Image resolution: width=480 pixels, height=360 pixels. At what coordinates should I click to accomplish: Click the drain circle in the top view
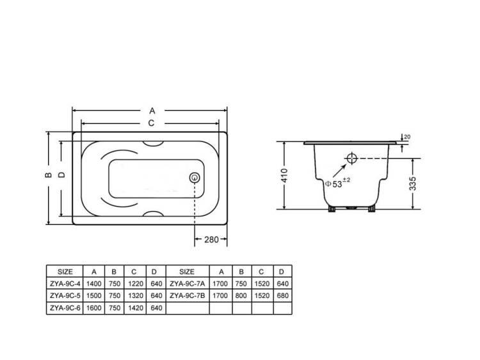click(195, 177)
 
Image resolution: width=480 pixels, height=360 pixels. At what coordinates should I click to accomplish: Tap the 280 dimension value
click(211, 240)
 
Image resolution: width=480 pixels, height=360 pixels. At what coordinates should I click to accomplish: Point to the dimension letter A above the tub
click(152, 111)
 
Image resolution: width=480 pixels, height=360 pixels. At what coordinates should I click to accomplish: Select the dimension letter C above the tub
click(151, 123)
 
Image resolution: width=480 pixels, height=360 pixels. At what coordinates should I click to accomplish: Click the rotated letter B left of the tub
click(49, 175)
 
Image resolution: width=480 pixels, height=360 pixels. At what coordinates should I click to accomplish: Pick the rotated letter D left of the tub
click(62, 175)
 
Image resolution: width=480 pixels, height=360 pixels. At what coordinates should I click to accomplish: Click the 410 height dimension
click(284, 176)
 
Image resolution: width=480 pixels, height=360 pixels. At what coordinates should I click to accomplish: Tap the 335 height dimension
click(413, 184)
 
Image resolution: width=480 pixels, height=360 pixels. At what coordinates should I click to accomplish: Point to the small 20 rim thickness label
click(407, 137)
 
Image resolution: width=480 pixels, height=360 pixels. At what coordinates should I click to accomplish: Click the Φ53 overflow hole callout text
click(337, 184)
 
